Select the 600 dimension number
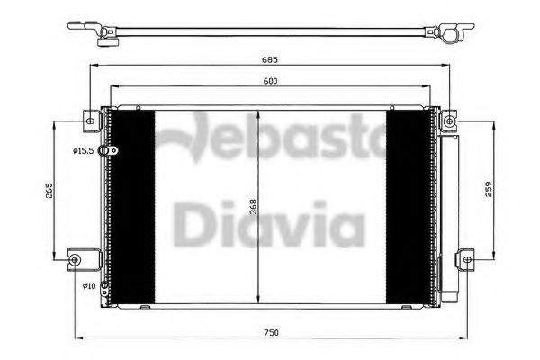click(x=270, y=80)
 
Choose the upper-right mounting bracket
click(x=448, y=118)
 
